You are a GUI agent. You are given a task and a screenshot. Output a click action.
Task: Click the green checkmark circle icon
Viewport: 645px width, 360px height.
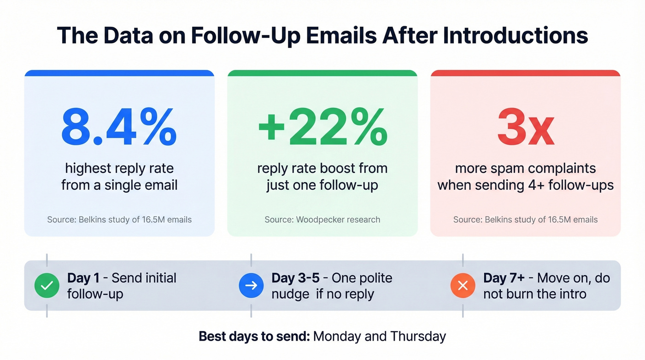47,285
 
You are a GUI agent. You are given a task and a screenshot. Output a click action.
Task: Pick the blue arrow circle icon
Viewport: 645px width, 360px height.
251,285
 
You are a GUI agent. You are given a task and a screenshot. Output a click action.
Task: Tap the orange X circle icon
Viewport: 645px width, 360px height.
463,285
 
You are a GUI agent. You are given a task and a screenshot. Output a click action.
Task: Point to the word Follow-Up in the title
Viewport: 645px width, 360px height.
234,35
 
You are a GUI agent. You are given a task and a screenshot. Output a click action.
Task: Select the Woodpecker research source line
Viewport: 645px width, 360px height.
322,219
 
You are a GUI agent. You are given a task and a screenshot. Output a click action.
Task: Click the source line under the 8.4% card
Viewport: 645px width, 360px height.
119,219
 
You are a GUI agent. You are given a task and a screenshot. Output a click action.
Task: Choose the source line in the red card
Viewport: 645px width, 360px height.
525,219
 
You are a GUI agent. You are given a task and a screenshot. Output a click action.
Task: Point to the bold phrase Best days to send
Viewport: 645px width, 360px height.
254,336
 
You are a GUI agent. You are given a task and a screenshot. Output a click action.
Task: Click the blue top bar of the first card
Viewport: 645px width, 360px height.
119,73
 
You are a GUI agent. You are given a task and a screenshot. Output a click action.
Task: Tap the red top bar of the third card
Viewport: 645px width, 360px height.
525,73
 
